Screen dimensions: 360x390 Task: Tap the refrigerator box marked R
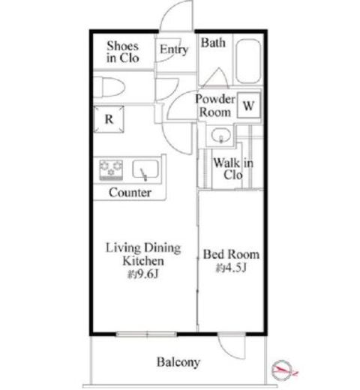[109, 119]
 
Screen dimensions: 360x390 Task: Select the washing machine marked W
[249, 105]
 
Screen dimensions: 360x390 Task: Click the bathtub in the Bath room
[248, 61]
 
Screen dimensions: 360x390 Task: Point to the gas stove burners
[111, 170]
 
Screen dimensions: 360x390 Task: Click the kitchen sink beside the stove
[145, 169]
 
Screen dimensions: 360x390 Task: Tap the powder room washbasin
[220, 136]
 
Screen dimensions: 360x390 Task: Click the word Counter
[130, 193]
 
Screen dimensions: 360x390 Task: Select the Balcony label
[178, 362]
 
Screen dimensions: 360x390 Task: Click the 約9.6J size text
[143, 274]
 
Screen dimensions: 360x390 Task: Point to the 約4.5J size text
[231, 268]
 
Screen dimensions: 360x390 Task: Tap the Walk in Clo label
[233, 169]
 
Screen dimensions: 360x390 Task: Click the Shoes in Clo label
[123, 52]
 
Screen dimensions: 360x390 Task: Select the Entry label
[174, 49]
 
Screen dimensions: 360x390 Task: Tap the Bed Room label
[231, 254]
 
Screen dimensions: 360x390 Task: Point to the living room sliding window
[147, 334]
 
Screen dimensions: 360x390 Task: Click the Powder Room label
[215, 106]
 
